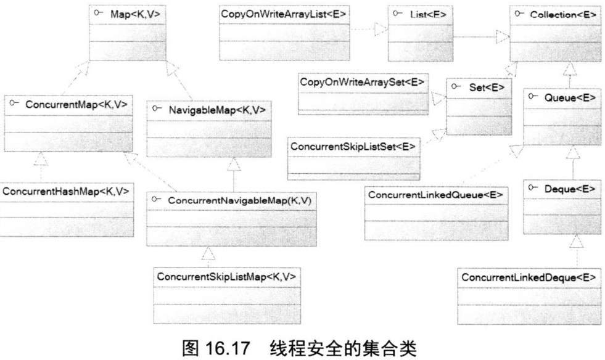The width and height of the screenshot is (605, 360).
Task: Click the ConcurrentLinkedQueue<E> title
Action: (x=435, y=195)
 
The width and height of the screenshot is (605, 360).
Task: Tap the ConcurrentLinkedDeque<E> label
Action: (x=530, y=277)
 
